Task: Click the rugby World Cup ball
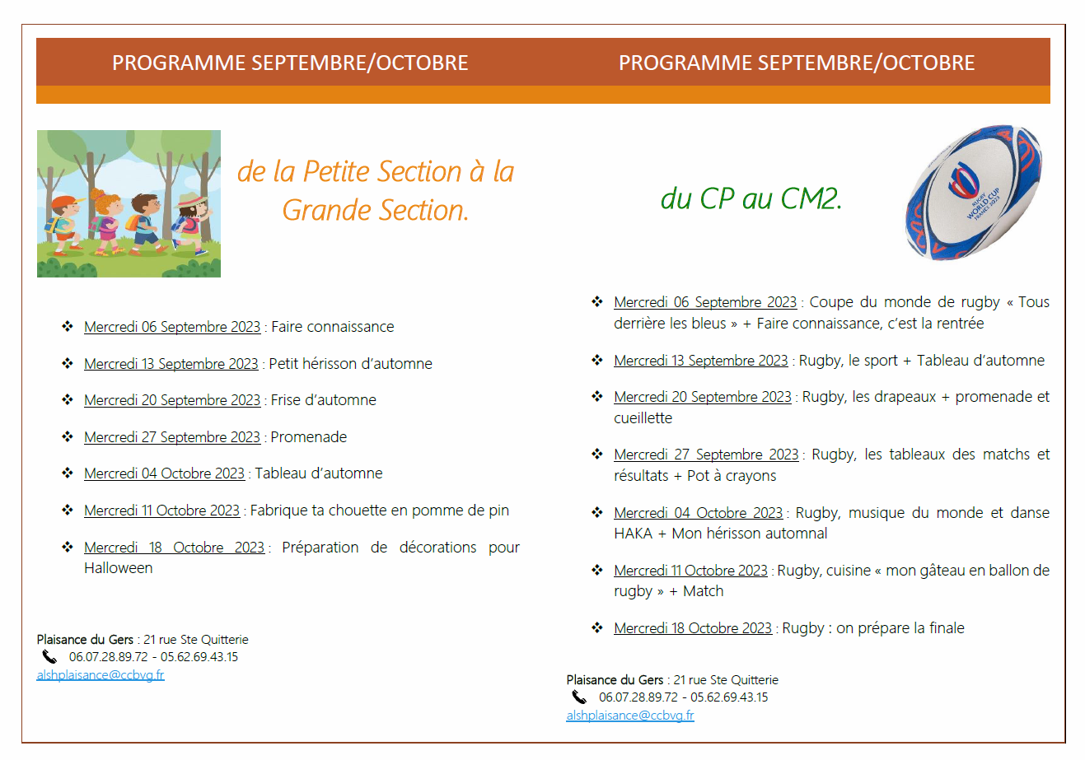pos(974,193)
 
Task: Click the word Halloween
pos(118,568)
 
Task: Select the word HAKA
pos(633,534)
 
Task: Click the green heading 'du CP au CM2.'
pos(751,198)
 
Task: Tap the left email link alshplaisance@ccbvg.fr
pos(101,675)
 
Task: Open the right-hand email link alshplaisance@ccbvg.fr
pos(630,715)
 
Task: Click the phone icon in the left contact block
pos(49,657)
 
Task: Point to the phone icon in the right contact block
pos(579,697)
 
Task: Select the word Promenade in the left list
pos(309,436)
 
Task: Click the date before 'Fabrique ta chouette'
pos(161,511)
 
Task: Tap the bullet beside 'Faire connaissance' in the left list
pos(68,326)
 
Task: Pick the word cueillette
pos(643,417)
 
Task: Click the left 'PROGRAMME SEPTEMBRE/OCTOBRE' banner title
pos(290,63)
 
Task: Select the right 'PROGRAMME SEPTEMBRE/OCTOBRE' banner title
pos(797,63)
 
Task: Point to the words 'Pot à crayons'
pos(732,476)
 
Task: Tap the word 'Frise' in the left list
pos(285,400)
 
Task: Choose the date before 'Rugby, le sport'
pos(701,361)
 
